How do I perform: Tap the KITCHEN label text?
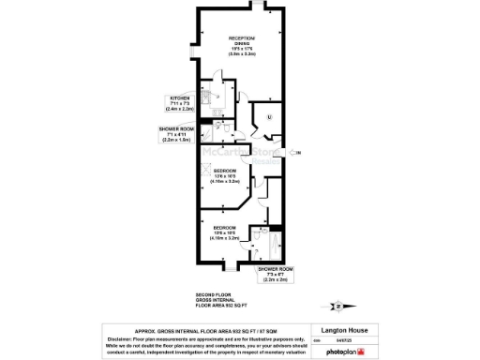[x=179, y=97]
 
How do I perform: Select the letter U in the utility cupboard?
[x=269, y=117]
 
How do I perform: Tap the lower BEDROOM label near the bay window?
[x=224, y=228]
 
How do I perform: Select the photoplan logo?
[x=346, y=350]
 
